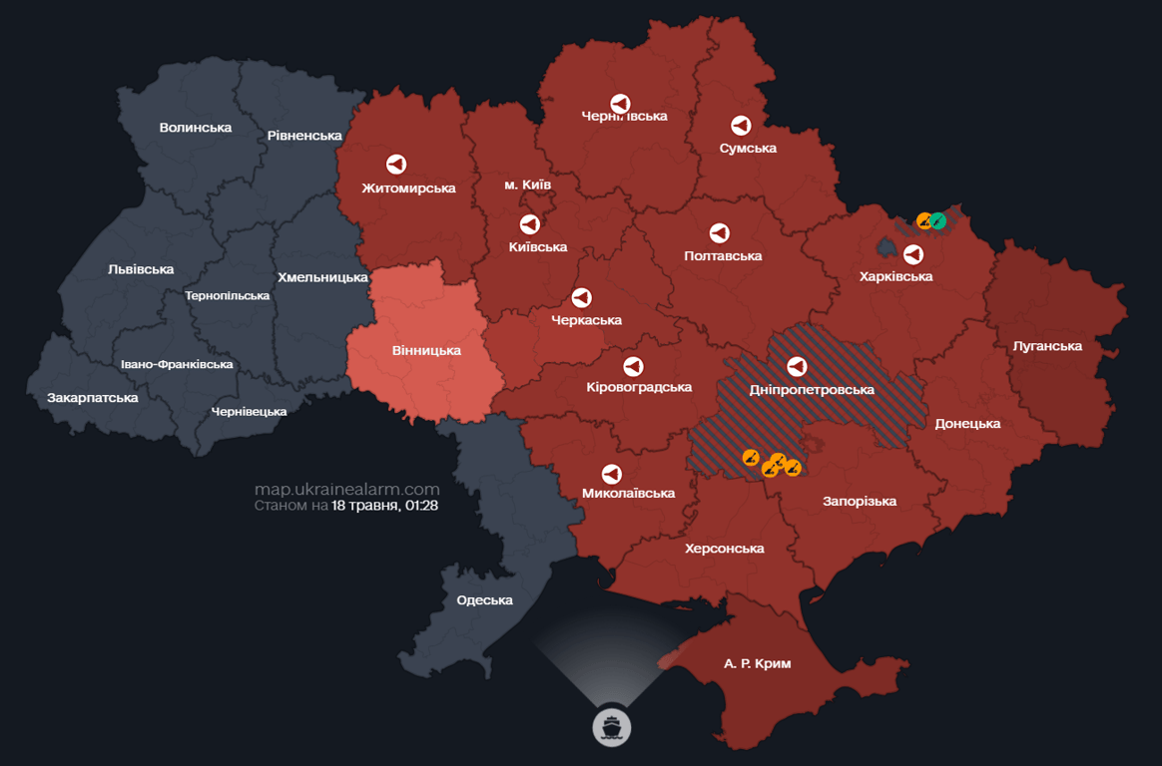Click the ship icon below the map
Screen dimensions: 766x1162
pos(612,726)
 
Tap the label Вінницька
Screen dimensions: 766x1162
pos(426,350)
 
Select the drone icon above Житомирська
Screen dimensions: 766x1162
pos(396,165)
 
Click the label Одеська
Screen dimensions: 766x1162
pos(484,599)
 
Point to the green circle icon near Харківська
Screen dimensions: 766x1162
pos(938,220)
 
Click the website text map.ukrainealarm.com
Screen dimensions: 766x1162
pos(346,489)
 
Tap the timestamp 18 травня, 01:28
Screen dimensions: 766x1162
pos(385,506)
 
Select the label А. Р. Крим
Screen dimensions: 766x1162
pos(757,663)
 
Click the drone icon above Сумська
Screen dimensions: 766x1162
pos(741,126)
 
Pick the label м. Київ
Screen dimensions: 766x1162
pos(527,185)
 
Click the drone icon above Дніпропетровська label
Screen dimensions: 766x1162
pos(797,366)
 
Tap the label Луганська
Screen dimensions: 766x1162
pos(1047,346)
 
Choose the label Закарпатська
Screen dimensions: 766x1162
pos(93,397)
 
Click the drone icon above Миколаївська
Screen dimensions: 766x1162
pos(612,473)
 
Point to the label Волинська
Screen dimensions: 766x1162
pos(196,127)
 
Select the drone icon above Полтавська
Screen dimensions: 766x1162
pos(719,233)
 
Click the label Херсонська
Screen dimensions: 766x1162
pos(725,549)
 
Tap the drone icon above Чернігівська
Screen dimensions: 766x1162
pos(620,103)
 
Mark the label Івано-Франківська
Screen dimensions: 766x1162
pos(177,364)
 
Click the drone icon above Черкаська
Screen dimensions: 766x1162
pos(581,297)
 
